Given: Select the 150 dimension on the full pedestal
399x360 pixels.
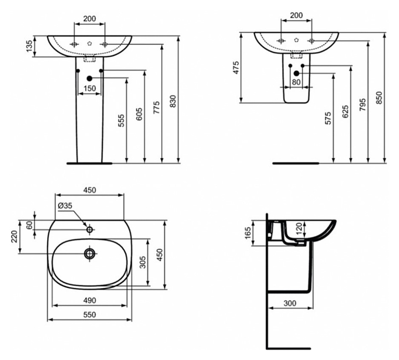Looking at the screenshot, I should click(89, 88).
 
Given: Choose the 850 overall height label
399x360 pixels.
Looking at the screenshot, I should click(379, 97).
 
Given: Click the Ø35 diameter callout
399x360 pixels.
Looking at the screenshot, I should click(65, 206).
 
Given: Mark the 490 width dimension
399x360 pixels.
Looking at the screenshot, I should click(89, 300).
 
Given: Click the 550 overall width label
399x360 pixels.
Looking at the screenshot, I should click(89, 314).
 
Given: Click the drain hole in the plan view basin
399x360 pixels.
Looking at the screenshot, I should click(89, 254).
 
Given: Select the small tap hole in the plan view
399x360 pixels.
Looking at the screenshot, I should click(89, 228).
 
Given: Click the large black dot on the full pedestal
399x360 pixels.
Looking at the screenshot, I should click(89, 79).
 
